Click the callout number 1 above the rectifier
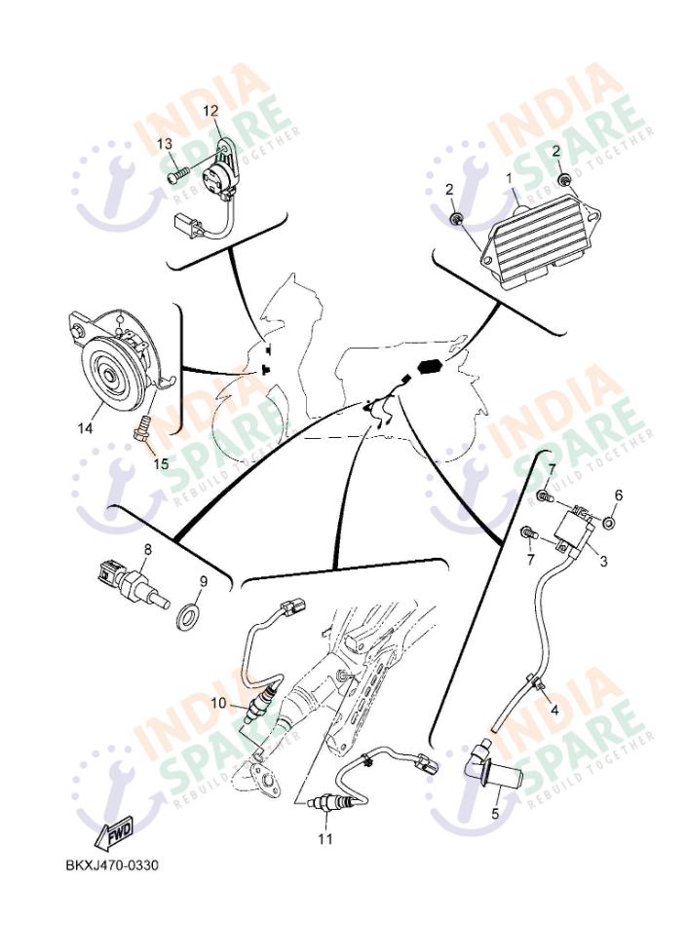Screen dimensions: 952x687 coord(508,178)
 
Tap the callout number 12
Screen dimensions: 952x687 coord(210,111)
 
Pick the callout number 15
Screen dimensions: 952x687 coord(161,463)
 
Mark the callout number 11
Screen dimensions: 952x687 coord(324,838)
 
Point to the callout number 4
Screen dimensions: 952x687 coord(553,710)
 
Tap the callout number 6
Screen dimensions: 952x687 coord(617,494)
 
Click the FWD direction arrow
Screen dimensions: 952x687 coord(116,833)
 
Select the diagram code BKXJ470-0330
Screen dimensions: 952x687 coord(112,864)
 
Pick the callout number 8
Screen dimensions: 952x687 coord(147,550)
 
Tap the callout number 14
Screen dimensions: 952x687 coord(85,427)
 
